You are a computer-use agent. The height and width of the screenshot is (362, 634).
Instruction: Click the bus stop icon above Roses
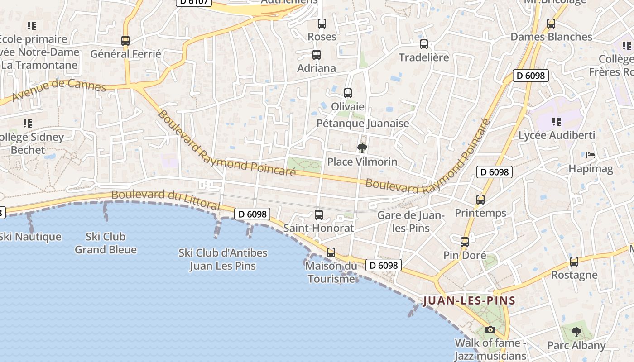point(322,23)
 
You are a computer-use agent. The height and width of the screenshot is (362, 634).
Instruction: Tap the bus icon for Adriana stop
point(317,55)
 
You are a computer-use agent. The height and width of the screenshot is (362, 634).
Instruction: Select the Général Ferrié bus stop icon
point(125,41)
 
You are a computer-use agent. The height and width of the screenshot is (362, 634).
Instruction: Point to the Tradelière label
point(423,57)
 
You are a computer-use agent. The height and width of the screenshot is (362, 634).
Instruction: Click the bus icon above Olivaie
point(348,93)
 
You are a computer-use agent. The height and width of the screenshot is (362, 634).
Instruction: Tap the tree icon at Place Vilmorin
point(362,148)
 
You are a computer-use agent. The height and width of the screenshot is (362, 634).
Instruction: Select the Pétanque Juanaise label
point(362,123)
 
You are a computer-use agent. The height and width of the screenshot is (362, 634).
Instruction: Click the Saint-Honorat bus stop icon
point(319,214)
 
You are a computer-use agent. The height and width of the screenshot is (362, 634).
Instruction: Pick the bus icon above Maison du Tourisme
point(331,252)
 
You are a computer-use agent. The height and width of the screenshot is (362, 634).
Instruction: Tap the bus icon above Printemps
point(480,199)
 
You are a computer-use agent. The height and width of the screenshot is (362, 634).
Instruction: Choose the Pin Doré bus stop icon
point(465,242)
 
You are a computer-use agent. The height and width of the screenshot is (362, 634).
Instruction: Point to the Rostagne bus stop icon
point(574,262)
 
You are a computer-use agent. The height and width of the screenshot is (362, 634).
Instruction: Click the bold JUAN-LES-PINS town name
point(469,300)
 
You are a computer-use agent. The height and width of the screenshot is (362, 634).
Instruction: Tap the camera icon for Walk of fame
point(490,329)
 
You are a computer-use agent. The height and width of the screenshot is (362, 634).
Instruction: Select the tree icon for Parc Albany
point(576,332)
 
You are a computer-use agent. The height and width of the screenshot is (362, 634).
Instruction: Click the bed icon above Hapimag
point(591,155)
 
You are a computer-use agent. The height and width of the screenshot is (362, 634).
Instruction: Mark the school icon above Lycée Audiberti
point(557,121)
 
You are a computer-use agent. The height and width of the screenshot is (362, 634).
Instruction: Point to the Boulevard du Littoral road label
point(166,200)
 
